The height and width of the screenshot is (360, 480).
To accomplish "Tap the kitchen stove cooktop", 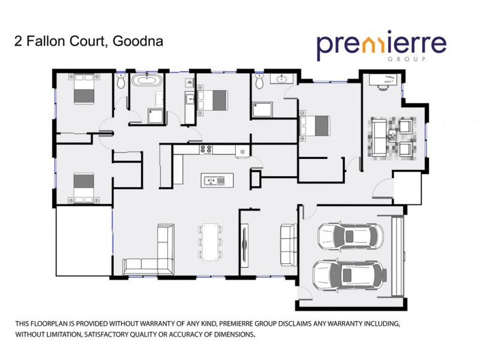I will coord(206,149).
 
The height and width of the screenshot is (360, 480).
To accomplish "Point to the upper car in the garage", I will coord(349,235).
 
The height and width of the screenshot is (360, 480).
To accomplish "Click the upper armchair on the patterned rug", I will coord(406,127).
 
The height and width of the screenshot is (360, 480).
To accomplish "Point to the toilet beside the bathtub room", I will coord(121,82).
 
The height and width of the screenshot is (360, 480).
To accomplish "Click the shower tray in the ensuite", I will coord(263,109).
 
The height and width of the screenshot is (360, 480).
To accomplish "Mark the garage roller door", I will coord(397,256).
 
